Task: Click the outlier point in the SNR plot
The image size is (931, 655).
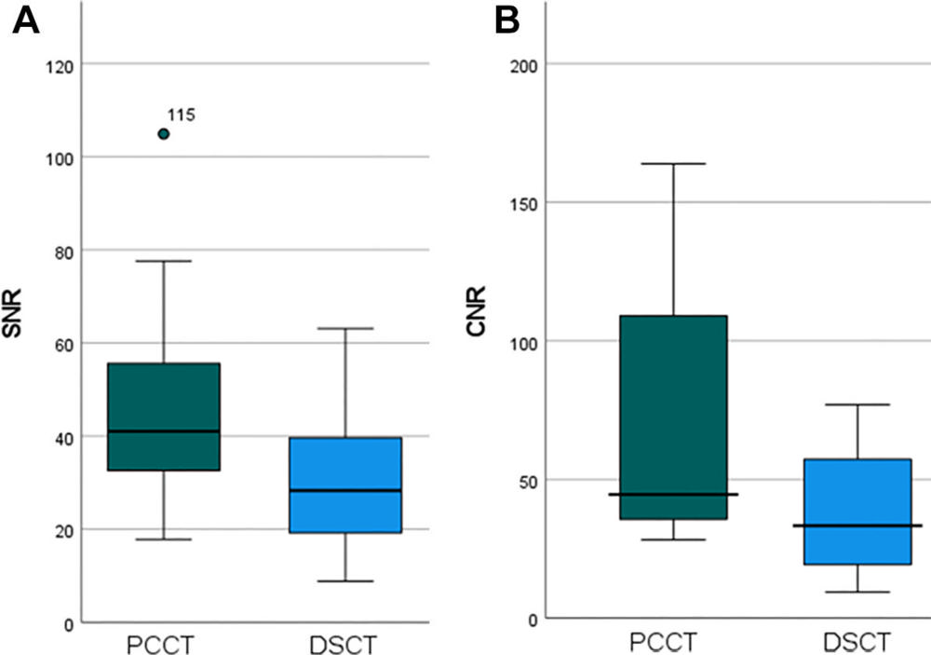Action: coord(164,134)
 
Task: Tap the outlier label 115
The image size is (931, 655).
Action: coord(181,116)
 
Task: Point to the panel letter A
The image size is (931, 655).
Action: coord(25,20)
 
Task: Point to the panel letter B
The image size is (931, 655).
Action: coord(506,20)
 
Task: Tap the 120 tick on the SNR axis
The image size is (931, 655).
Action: coord(62,64)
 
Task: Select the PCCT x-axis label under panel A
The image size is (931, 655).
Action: coord(164,644)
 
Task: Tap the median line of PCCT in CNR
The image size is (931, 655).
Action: coord(674,494)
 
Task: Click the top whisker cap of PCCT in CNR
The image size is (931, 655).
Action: coord(674,164)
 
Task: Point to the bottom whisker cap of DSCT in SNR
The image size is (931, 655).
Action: coord(345,581)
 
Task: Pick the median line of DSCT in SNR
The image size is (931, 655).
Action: coord(345,490)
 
